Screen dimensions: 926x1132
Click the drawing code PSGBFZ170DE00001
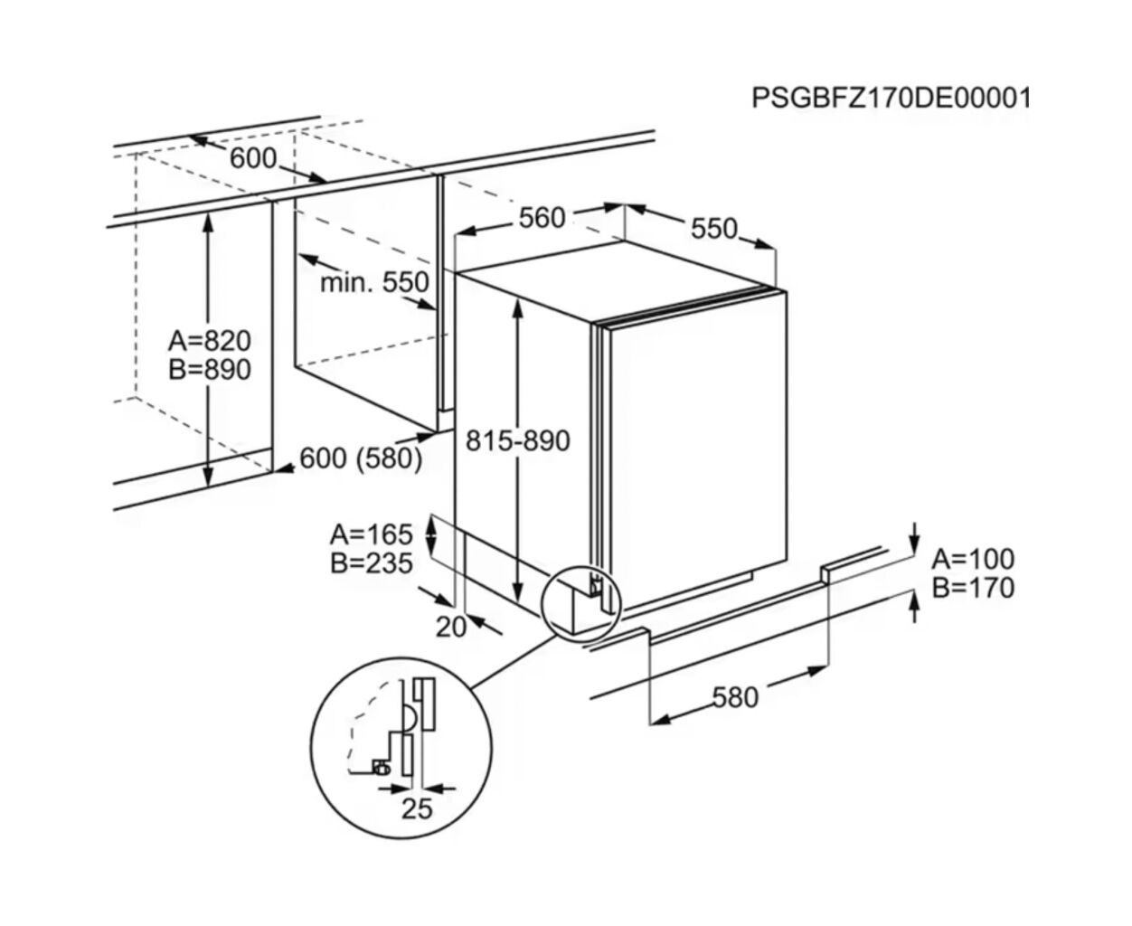pos(891,98)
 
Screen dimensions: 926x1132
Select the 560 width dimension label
pos(542,218)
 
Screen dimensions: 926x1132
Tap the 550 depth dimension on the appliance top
pos(714,229)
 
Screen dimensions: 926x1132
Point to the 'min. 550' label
pos(374,283)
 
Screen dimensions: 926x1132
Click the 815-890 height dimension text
pos(518,440)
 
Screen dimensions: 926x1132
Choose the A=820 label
pos(210,341)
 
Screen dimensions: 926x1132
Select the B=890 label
pos(210,369)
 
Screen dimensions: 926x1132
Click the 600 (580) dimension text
pos(361,458)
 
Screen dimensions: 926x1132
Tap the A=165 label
pos(371,534)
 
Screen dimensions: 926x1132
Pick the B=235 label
pos(371,562)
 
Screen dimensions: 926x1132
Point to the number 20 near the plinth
pos(450,626)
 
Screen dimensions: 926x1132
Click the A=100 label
pos(973,559)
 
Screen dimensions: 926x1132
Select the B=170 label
pos(973,588)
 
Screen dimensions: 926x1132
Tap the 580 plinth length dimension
pos(735,697)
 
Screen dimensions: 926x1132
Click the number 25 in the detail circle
pos(417,808)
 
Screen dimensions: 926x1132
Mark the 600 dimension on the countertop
pos(252,158)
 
